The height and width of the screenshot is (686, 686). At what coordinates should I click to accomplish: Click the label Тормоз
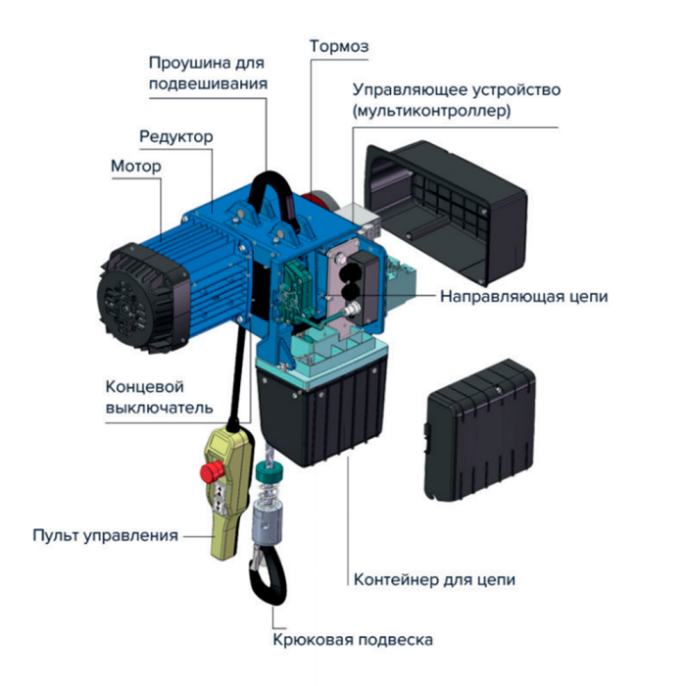pyautogui.click(x=339, y=46)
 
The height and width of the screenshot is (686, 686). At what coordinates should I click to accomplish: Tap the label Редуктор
pyautogui.click(x=176, y=137)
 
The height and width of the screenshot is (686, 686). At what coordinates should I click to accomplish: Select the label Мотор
pyautogui.click(x=136, y=167)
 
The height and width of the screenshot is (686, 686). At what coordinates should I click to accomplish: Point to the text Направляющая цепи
pyautogui.click(x=523, y=297)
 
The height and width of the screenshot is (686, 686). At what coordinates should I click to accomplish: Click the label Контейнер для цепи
pyautogui.click(x=434, y=580)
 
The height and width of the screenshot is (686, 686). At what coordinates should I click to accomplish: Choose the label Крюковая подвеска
pyautogui.click(x=353, y=640)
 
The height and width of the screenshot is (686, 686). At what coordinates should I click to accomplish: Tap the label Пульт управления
pyautogui.click(x=106, y=535)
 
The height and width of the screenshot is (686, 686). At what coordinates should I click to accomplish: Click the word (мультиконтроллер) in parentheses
pyautogui.click(x=432, y=111)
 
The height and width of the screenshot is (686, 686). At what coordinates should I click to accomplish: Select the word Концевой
pyautogui.click(x=144, y=387)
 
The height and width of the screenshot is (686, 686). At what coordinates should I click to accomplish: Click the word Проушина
pyautogui.click(x=190, y=63)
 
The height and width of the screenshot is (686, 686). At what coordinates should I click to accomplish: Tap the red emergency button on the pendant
pyautogui.click(x=212, y=472)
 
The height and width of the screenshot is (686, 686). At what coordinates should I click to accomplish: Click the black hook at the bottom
pyautogui.click(x=269, y=576)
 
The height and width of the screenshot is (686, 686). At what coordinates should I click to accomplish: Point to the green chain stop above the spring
pyautogui.click(x=269, y=472)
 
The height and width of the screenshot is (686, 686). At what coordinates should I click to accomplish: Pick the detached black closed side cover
pyautogui.click(x=480, y=430)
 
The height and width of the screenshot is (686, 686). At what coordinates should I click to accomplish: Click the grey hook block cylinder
pyautogui.click(x=269, y=524)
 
